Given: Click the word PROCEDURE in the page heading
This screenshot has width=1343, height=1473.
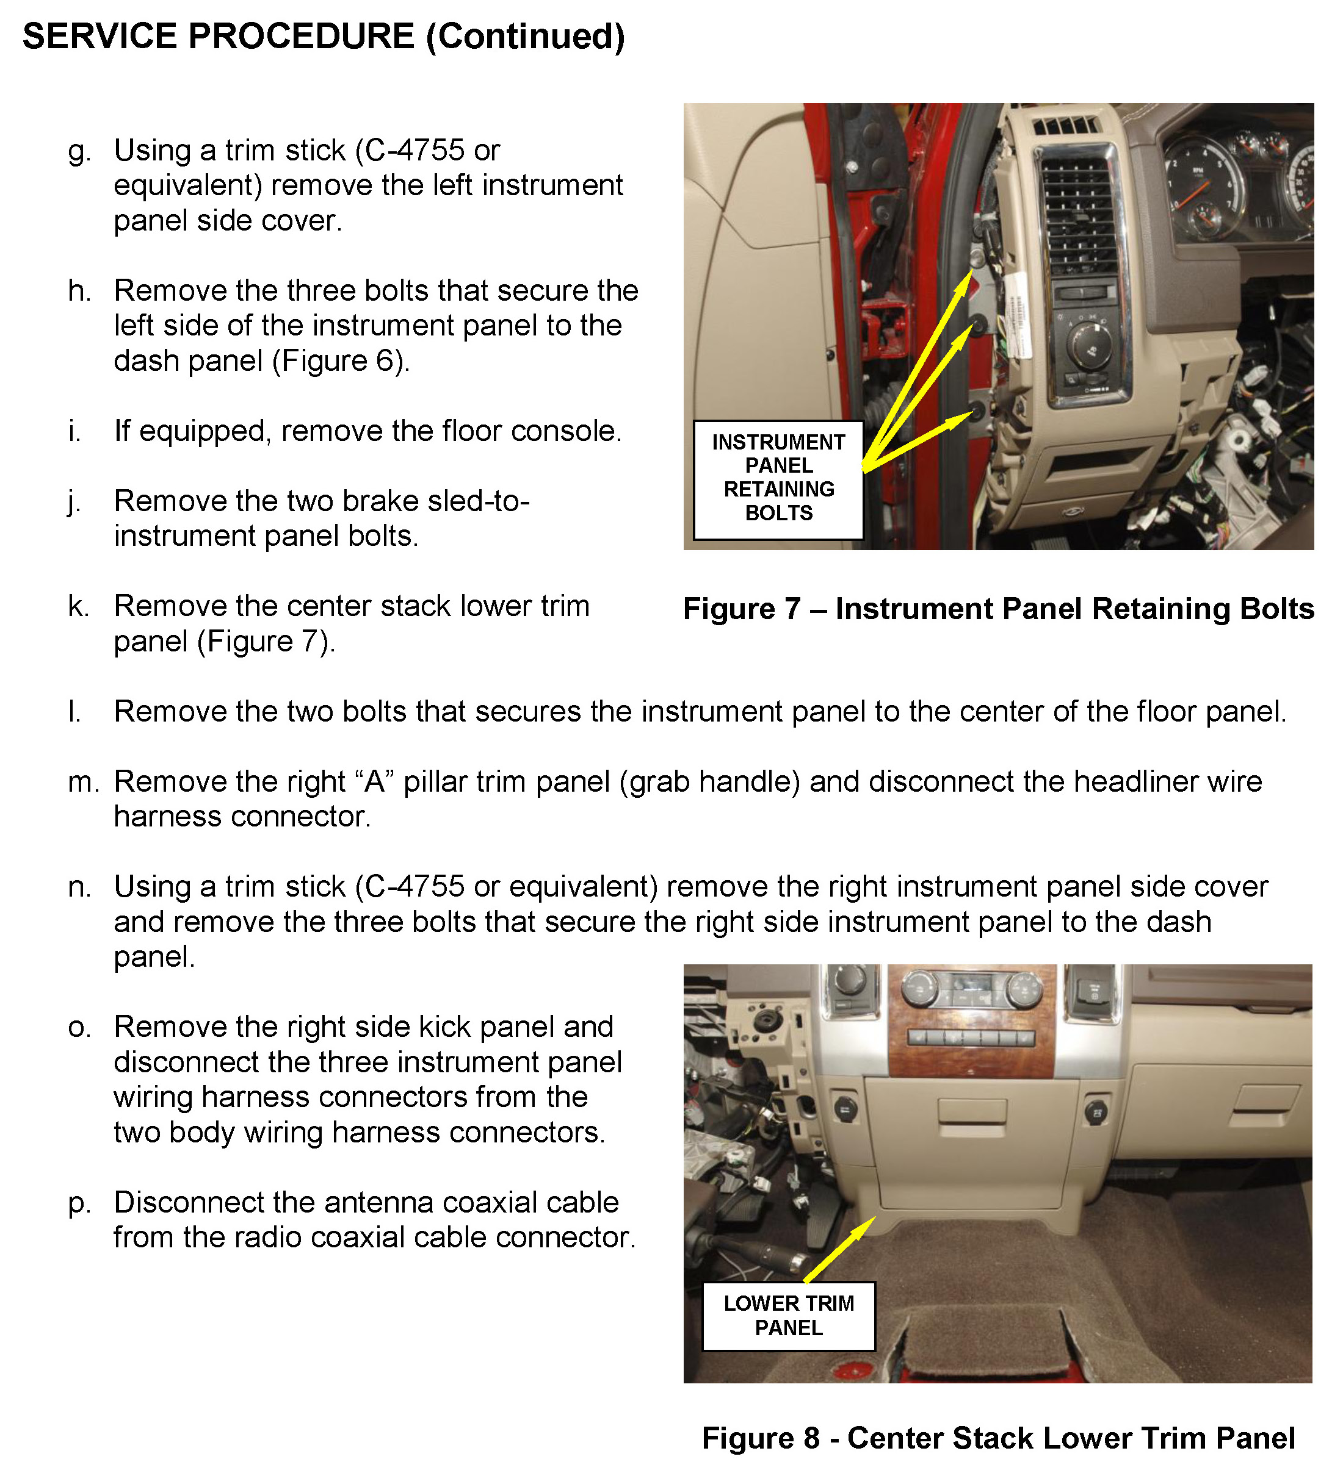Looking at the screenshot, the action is tap(300, 37).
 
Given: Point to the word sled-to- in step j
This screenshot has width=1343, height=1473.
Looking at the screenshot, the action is tap(478, 501).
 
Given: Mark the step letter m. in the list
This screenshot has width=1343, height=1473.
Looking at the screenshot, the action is tap(84, 783).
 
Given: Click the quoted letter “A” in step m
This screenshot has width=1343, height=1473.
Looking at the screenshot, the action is tap(374, 781).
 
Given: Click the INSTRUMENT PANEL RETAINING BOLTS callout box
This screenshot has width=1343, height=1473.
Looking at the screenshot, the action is tap(778, 480).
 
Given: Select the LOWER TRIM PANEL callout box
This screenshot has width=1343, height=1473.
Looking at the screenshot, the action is tap(788, 1316).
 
